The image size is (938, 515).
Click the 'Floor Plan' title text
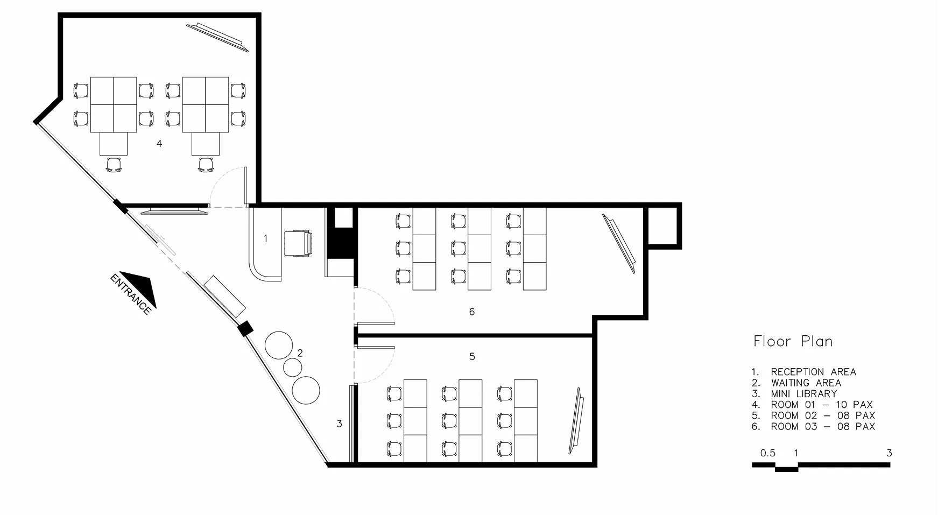793,341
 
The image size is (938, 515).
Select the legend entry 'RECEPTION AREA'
813,372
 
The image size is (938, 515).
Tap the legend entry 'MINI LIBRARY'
804,393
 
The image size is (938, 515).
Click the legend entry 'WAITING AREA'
806,383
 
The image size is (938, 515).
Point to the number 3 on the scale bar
889,453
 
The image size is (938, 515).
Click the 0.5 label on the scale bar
768,453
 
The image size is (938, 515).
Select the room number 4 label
159,144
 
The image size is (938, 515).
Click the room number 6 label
472,312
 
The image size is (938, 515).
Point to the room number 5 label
472,356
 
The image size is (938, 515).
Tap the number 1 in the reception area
265,238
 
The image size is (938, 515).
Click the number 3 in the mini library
339,424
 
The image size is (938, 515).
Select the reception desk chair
298,244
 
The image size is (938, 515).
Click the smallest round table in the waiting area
293,367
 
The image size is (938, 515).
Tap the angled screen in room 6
619,243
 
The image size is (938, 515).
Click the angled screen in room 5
576,421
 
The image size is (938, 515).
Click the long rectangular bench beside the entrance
225,296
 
